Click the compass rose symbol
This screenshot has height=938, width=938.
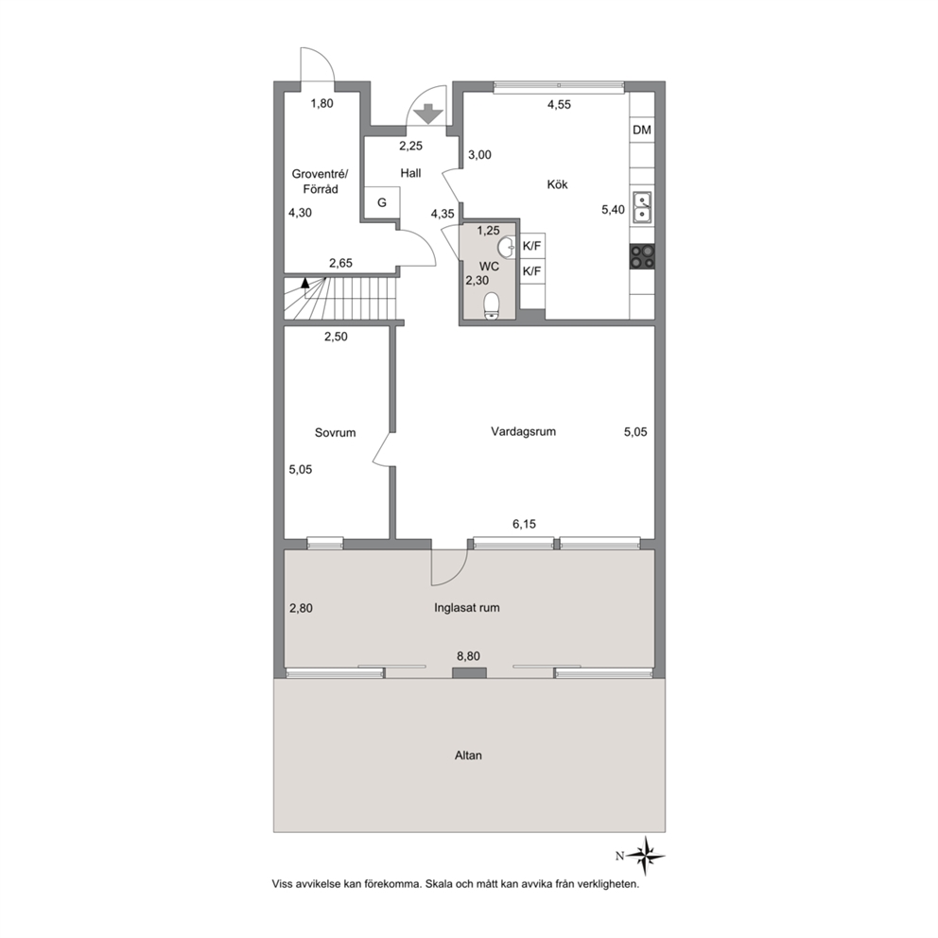(646, 856)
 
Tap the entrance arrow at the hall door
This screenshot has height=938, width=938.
(428, 113)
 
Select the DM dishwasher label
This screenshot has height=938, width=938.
(642, 130)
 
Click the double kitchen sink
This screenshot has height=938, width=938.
(642, 206)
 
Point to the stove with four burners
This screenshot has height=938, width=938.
(642, 257)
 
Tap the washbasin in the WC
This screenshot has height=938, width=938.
(507, 247)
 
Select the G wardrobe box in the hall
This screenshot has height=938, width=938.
(382, 202)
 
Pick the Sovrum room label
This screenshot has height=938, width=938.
(335, 432)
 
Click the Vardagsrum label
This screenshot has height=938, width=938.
(524, 431)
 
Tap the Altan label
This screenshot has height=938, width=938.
(468, 756)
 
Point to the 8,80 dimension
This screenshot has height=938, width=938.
(468, 656)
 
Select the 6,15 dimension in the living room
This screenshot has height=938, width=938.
(524, 524)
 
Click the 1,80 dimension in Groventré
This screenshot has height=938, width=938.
(321, 103)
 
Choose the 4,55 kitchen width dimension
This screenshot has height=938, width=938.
(560, 105)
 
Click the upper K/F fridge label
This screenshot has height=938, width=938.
(531, 246)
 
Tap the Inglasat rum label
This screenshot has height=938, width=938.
(467, 608)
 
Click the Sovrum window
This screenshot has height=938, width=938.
(325, 543)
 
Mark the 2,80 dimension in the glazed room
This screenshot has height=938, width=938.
(301, 608)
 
